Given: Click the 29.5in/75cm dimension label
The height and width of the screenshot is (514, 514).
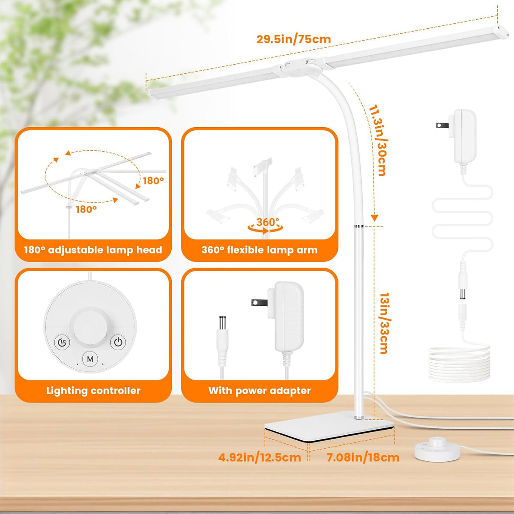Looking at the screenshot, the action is pyautogui.click(x=293, y=39).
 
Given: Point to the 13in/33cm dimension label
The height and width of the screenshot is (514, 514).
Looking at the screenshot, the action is pyautogui.click(x=384, y=323).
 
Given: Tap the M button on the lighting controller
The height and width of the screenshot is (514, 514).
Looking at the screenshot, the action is pyautogui.click(x=90, y=359).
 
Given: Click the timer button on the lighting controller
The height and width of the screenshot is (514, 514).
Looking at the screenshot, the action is pyautogui.click(x=62, y=342).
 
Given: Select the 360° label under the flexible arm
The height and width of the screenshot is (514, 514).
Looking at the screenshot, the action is pyautogui.click(x=267, y=222).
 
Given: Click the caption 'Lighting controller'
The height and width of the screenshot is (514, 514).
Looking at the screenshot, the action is pyautogui.click(x=93, y=391).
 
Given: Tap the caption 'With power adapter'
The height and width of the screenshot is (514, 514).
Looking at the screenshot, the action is pyautogui.click(x=260, y=391).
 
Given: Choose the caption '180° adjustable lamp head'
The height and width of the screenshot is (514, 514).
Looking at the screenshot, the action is pyautogui.click(x=93, y=250).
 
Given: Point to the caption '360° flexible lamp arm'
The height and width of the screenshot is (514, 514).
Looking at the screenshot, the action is pyautogui.click(x=260, y=250).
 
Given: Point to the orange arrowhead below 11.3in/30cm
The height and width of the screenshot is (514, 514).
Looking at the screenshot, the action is pyautogui.click(x=375, y=218).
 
